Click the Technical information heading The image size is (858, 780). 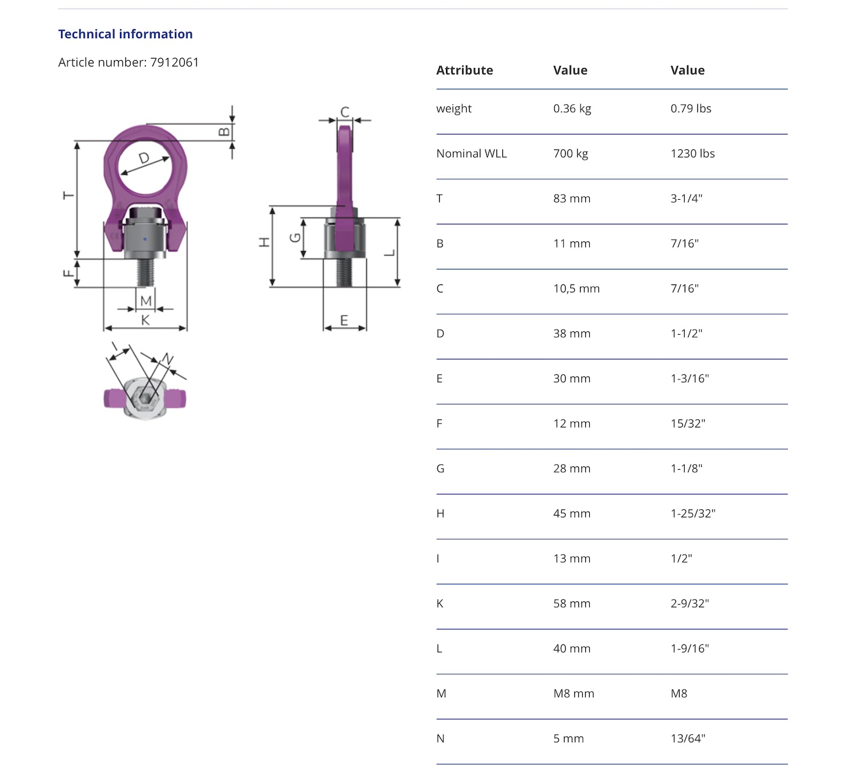click(x=125, y=34)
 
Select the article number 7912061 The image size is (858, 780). click(x=174, y=62)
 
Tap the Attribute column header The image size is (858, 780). click(x=464, y=70)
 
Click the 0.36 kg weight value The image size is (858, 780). click(x=572, y=109)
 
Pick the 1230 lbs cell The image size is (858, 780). click(x=693, y=153)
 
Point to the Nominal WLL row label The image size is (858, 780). click(x=471, y=153)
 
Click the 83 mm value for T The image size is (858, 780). click(x=572, y=199)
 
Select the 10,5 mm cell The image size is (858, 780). click(x=577, y=288)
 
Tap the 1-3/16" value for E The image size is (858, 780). click(x=689, y=378)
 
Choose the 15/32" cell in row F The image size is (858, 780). click(x=688, y=423)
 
